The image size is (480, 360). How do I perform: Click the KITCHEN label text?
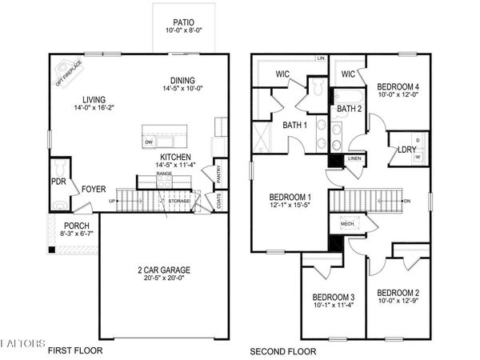(175, 157)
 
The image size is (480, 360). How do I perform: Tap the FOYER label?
(94, 190)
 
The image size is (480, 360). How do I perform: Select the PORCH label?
(77, 226)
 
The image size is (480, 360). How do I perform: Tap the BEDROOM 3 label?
(334, 298)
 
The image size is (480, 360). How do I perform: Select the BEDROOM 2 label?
(398, 293)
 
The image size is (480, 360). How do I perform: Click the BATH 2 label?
(350, 108)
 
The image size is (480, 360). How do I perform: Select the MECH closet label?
(346, 225)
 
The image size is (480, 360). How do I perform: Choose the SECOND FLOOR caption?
(282, 350)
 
